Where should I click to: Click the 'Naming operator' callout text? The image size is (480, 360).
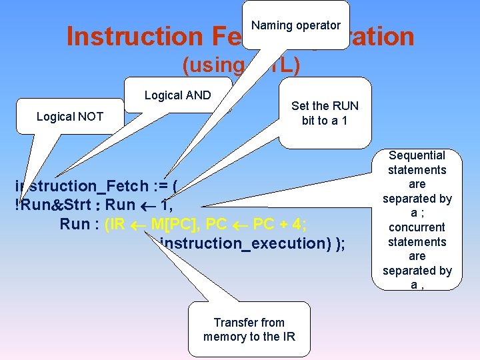295,25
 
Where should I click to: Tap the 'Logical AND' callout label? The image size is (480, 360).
177,95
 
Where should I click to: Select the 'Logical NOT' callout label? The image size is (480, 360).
70,117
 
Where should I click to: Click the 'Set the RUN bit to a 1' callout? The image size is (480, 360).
325,113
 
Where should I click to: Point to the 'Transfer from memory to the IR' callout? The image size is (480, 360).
249,329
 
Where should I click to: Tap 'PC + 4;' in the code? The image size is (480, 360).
279,224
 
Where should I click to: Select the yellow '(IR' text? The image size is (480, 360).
115,224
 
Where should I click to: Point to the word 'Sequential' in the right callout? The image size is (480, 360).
417,155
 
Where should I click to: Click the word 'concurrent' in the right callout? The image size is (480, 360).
417,227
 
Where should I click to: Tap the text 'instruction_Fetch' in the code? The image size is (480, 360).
76,186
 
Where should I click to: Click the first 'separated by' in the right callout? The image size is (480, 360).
417,199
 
